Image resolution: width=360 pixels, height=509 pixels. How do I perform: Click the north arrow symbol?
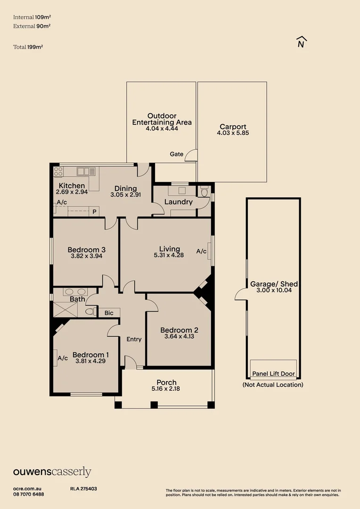click(302, 42)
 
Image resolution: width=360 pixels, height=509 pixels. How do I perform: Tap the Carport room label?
click(233, 127)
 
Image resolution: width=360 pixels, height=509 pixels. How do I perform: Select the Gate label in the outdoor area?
click(177, 154)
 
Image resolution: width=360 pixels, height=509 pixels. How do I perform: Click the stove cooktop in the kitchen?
click(58, 172)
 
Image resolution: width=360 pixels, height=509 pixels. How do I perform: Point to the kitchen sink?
click(86, 171)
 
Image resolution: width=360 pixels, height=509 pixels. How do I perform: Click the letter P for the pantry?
click(94, 212)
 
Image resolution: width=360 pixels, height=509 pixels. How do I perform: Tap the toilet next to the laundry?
click(204, 192)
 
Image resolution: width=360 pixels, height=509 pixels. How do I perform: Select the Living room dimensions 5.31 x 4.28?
click(169, 255)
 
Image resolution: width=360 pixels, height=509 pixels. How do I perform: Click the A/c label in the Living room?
click(201, 251)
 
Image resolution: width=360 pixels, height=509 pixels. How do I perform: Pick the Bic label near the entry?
click(109, 313)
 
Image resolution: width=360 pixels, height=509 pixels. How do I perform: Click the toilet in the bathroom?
click(90, 312)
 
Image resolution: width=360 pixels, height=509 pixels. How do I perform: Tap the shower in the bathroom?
click(65, 309)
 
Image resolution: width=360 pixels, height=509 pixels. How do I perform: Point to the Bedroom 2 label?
click(179, 330)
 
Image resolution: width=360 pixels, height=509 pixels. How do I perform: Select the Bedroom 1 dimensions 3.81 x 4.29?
click(90, 361)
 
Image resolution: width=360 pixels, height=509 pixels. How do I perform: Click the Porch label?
click(166, 382)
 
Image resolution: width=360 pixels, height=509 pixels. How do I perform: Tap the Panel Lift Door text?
click(274, 374)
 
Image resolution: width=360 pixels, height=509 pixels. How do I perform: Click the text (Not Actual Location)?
click(273, 385)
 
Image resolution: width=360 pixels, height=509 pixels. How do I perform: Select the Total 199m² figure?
click(28, 47)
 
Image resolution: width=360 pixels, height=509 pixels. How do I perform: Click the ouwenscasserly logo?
click(52, 472)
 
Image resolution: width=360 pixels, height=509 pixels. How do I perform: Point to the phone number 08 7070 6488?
click(29, 494)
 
